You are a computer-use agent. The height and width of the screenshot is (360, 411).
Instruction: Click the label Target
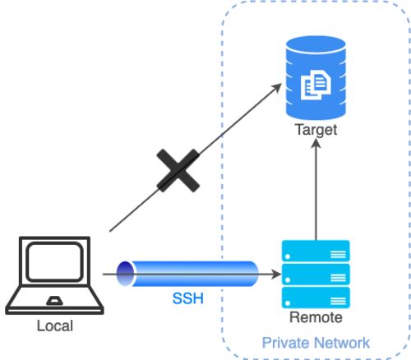tap(316, 130)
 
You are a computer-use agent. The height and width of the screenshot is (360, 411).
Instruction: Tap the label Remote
tap(316, 317)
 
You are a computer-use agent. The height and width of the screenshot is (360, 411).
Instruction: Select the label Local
tap(55, 325)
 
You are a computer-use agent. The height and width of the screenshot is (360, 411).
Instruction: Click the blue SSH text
tap(188, 298)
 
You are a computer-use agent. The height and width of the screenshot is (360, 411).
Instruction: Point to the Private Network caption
tap(316, 343)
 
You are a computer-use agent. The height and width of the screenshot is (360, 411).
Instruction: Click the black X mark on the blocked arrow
tap(178, 170)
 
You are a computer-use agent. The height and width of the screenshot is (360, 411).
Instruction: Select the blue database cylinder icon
tap(316, 78)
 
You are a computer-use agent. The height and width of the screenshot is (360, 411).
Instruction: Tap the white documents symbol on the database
tap(316, 85)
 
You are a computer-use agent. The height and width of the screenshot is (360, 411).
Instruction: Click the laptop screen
tap(54, 261)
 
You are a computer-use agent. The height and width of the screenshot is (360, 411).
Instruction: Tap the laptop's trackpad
tap(54, 301)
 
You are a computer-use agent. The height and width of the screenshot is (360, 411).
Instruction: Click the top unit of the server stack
tap(316, 251)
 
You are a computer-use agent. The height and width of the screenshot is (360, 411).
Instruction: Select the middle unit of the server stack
tap(316, 275)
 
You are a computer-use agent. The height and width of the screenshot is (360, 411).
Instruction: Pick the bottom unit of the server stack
tap(316, 298)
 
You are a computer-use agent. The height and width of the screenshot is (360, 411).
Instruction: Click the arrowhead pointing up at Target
tap(316, 144)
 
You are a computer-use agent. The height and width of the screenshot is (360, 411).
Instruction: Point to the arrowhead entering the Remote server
tap(276, 274)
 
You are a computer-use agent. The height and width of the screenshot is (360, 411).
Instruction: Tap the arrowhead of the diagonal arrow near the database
tap(276, 88)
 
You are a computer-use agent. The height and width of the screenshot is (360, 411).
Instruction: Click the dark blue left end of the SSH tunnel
tap(125, 274)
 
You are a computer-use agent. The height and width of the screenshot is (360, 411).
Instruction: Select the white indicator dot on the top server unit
tap(288, 256)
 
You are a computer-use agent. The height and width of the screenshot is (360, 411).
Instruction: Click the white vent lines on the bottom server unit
tap(338, 301)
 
